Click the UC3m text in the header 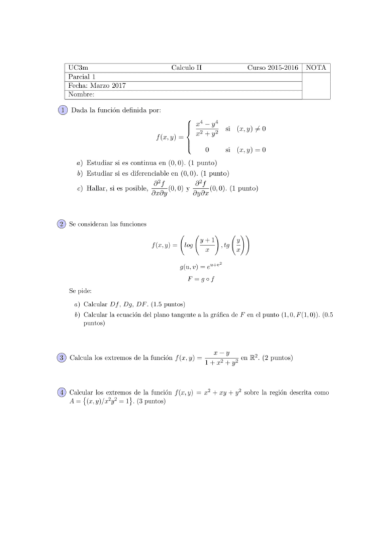(x=78, y=68)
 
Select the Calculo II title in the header (x=187, y=68)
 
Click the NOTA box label (x=318, y=68)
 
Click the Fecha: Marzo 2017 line (x=97, y=86)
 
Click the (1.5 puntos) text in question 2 (x=167, y=304)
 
